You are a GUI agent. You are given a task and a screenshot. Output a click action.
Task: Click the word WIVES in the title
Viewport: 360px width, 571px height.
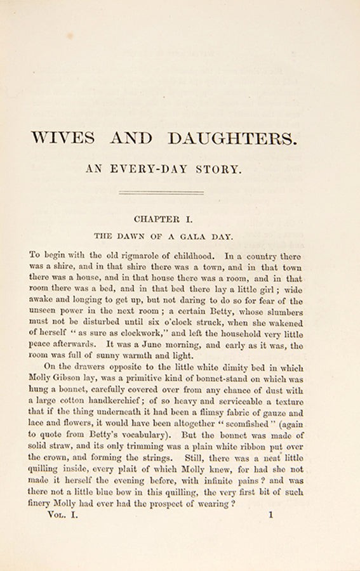coord(63,138)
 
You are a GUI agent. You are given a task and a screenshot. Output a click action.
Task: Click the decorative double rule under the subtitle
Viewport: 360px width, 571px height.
coord(161,192)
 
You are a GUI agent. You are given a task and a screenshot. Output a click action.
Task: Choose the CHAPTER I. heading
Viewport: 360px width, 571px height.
coord(163,219)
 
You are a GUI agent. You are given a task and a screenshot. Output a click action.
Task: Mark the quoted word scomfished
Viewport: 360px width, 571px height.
coord(227,424)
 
